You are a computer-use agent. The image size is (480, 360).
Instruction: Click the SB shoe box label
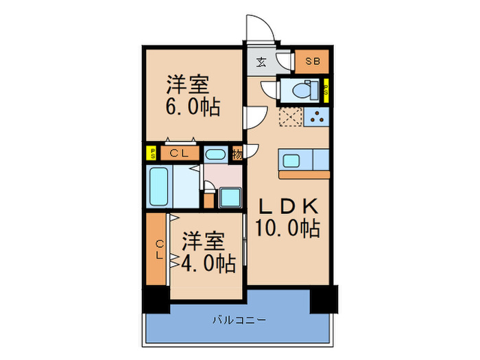[313, 61]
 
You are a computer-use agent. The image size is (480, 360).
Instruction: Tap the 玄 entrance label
[261, 62]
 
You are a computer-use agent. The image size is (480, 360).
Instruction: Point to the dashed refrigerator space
[290, 117]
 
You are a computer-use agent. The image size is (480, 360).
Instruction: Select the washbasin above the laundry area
[215, 154]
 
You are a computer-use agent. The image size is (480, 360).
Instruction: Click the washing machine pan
[228, 198]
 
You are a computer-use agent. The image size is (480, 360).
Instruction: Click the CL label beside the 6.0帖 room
[179, 154]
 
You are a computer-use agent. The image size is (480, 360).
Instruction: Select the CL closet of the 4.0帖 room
[157, 249]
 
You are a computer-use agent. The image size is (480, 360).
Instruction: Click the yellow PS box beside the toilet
[326, 90]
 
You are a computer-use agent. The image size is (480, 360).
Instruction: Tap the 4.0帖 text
[204, 262]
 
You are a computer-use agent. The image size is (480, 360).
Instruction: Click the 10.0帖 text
[288, 228]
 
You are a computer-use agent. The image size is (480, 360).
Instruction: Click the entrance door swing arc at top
[261, 29]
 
